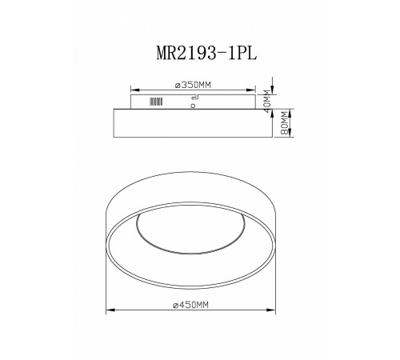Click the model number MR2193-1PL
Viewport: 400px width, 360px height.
point(206,53)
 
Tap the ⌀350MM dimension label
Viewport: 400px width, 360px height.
point(193,85)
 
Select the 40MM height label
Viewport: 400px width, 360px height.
point(267,102)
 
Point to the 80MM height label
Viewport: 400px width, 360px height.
point(285,123)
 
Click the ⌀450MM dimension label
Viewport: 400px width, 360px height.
point(190,305)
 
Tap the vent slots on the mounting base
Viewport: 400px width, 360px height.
point(156,102)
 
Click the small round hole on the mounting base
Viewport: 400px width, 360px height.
point(193,106)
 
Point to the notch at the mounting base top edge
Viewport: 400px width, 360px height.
point(195,97)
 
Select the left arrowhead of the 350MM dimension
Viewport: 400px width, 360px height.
point(135,90)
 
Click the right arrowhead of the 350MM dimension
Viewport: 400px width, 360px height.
point(251,90)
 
